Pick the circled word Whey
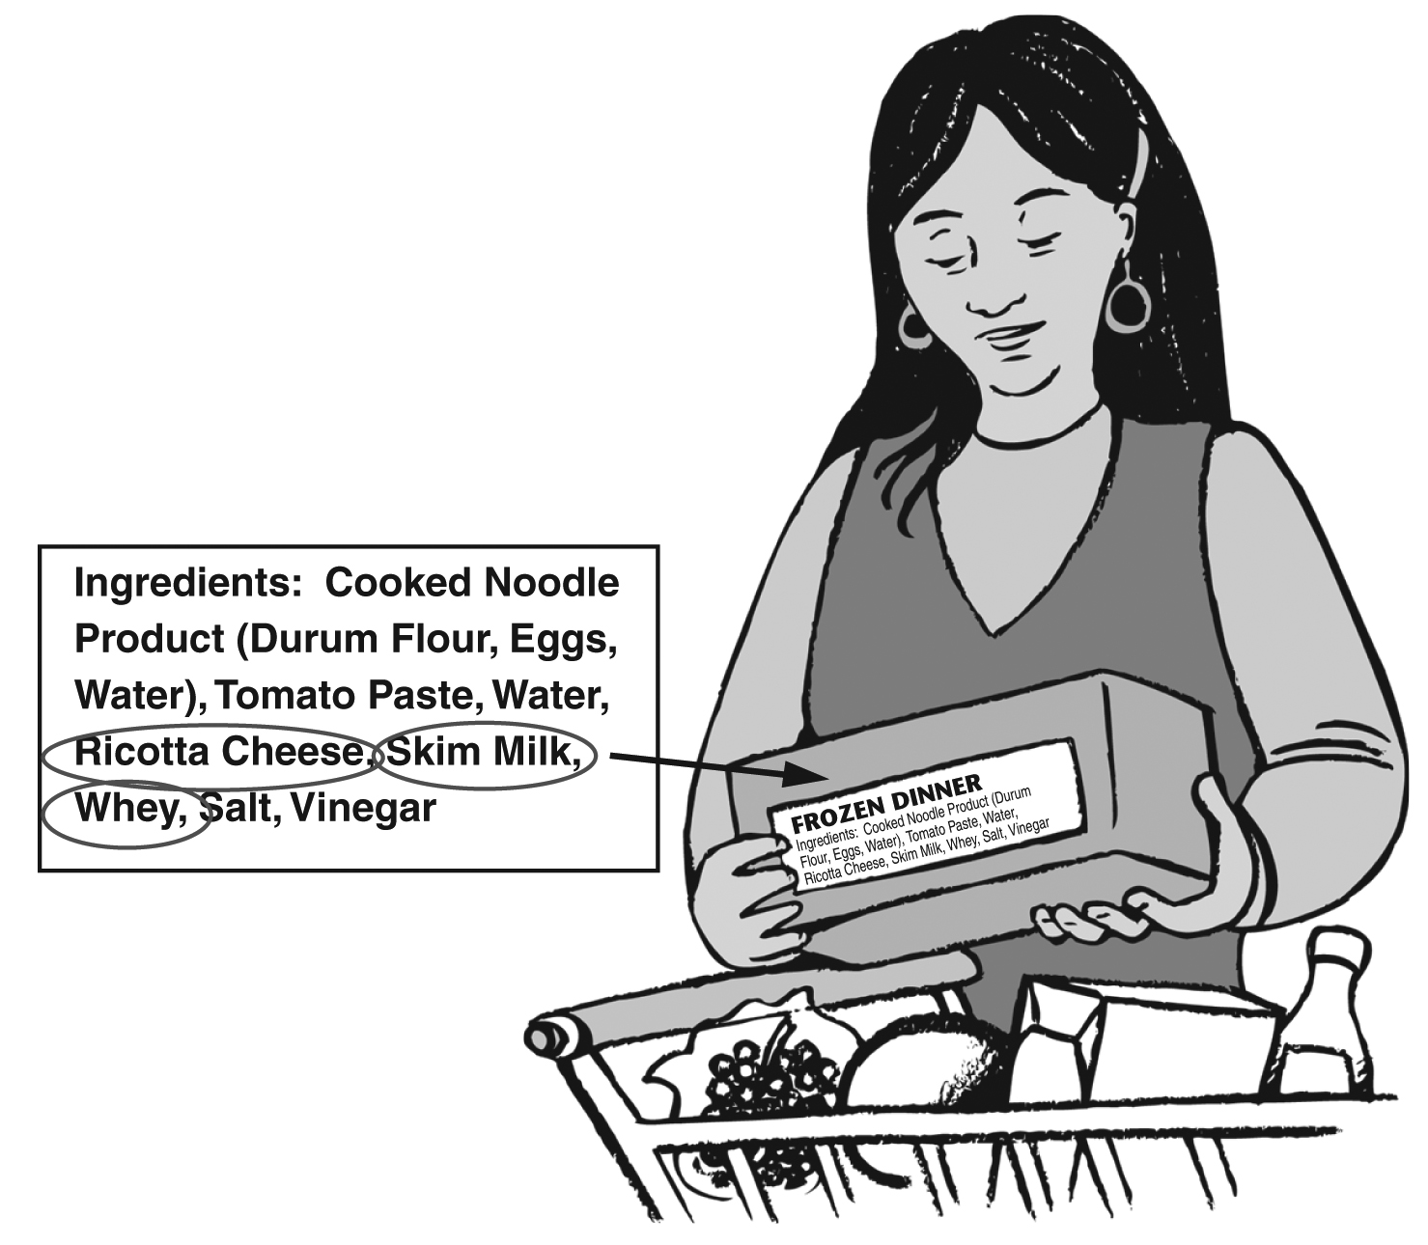[123, 809]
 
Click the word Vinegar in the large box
[363, 808]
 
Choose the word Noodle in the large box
[549, 583]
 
